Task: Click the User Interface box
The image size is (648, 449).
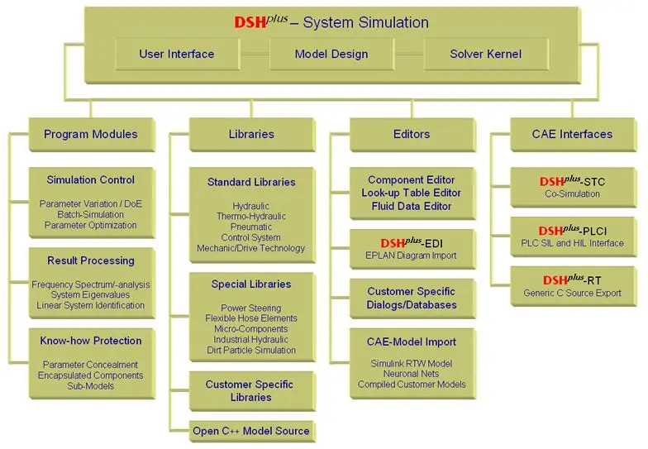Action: point(177,55)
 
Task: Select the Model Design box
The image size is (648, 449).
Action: point(331,55)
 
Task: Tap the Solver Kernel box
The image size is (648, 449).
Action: point(486,55)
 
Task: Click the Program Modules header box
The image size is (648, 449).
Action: point(92,135)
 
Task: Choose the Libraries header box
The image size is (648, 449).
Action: point(252,135)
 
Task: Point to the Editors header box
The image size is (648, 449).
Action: point(412,135)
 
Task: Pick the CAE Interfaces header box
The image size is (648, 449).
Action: point(574,135)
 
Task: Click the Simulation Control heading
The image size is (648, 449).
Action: point(91,180)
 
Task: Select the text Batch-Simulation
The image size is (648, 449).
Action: point(91,215)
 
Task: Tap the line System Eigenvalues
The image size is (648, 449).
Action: point(91,294)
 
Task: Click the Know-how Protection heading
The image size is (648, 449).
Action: point(91,341)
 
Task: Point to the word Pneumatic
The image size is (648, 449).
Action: point(251,227)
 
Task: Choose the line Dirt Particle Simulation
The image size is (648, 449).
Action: point(251,351)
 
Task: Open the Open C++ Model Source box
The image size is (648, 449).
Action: point(252,432)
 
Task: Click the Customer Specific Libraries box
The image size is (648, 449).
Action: point(252,391)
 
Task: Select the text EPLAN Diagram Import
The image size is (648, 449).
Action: point(412,256)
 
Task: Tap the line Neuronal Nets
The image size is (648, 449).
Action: point(412,374)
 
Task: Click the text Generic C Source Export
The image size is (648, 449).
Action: point(572,293)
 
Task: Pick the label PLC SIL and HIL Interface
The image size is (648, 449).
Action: point(572,243)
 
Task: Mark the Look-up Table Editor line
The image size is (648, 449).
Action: point(412,193)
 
